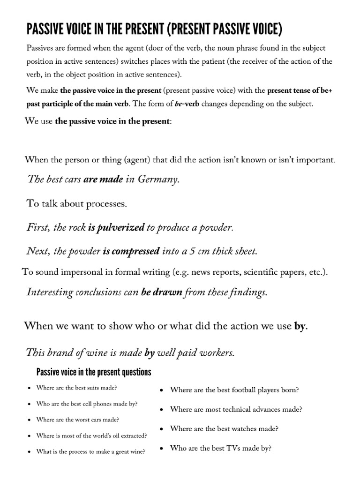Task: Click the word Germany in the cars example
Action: (x=158, y=180)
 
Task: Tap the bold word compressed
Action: (x=136, y=251)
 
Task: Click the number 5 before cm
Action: (x=191, y=251)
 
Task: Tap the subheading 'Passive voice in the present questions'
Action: (x=94, y=373)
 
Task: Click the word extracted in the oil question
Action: (x=133, y=435)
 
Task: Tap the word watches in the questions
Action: (x=248, y=428)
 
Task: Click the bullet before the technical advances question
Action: (x=161, y=410)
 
